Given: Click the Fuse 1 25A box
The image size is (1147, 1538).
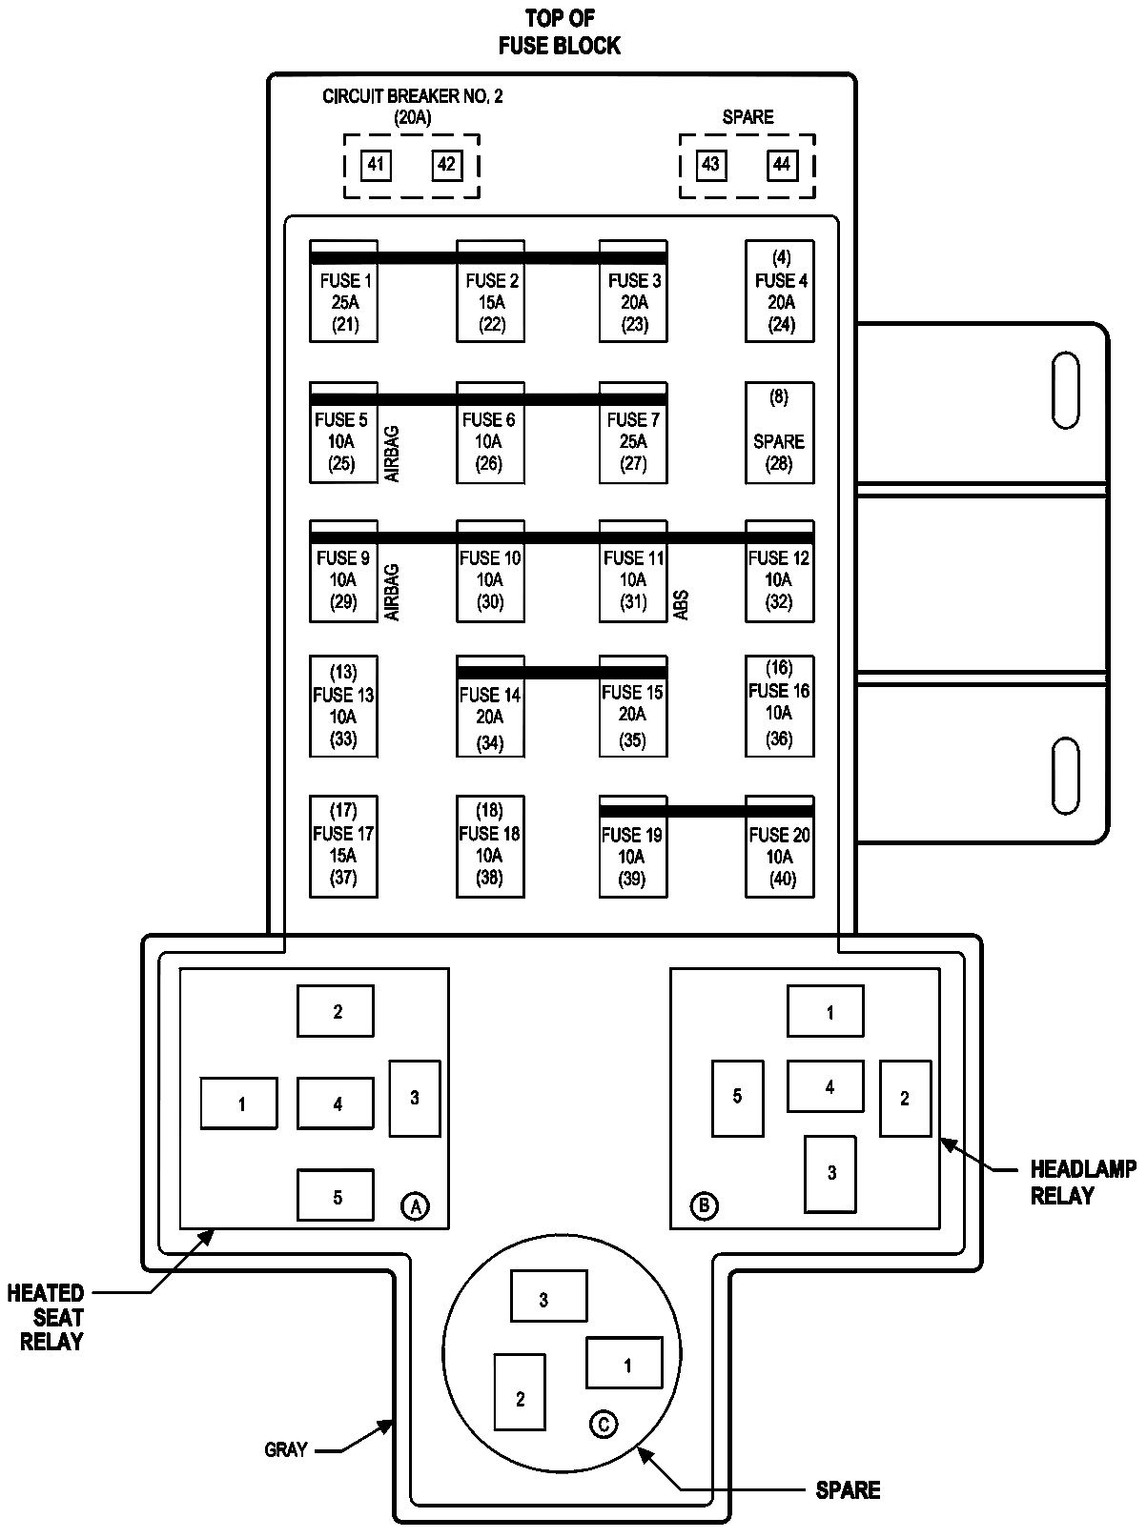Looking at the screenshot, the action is click(x=343, y=291).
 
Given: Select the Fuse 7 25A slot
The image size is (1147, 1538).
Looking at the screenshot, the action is click(x=633, y=433).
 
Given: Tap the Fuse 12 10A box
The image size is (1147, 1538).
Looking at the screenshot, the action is click(x=780, y=571).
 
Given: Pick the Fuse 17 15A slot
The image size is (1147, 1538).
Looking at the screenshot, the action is click(x=343, y=846).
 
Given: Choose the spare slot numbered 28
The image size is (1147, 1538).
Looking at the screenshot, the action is click(x=780, y=433).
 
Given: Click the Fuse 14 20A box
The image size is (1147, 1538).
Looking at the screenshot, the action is click(x=490, y=706).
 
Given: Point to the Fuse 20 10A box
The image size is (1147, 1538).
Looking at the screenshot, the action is click(x=780, y=846).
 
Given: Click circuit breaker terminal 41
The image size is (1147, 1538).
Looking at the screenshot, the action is click(x=376, y=165).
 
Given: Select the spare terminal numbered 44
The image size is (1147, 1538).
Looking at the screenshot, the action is click(x=782, y=165).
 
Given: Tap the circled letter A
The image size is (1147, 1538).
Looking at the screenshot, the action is click(x=415, y=1205).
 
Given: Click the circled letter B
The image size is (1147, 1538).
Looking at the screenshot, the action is click(x=704, y=1205).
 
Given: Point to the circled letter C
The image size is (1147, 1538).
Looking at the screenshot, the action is click(x=604, y=1424).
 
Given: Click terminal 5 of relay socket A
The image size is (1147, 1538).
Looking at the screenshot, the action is click(x=336, y=1197).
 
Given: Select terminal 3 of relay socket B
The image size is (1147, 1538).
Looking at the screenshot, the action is click(x=830, y=1174).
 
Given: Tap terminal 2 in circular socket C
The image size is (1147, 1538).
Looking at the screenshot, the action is click(x=520, y=1391).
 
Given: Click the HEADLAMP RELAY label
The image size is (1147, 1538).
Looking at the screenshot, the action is click(x=1083, y=1182).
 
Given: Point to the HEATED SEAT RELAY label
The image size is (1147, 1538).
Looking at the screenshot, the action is click(x=46, y=1317).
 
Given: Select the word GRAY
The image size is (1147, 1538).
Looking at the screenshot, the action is click(x=286, y=1449).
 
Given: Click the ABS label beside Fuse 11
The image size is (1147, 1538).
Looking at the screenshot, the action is click(x=682, y=605).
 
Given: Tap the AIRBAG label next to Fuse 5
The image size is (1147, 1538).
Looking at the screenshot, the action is click(x=392, y=454).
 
